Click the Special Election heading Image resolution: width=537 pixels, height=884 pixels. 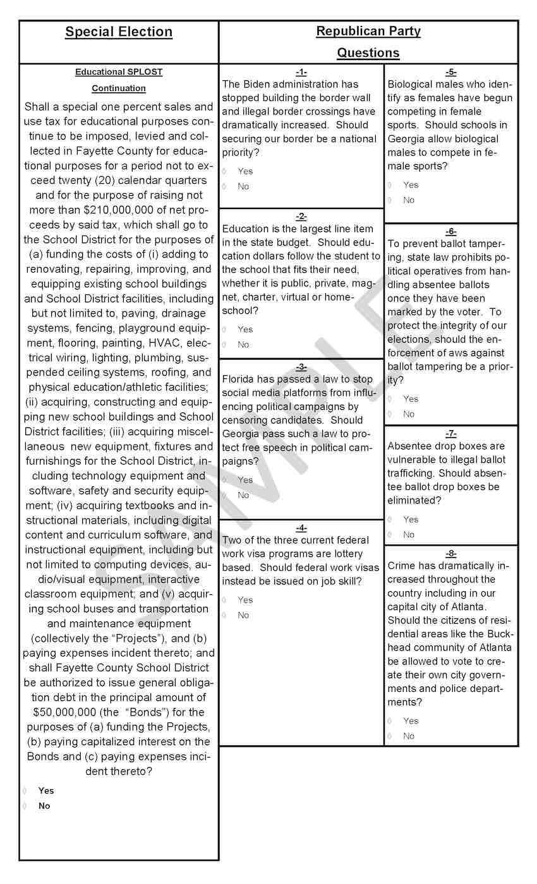point(119,32)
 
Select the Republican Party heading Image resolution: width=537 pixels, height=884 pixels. point(368,31)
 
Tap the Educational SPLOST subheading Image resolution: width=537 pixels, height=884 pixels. point(119,72)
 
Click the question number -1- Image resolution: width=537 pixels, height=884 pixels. point(301,72)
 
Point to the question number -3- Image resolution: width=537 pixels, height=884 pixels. point(301,367)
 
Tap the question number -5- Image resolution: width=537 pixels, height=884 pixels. point(450,72)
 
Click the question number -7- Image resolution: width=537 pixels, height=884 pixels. point(450,434)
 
